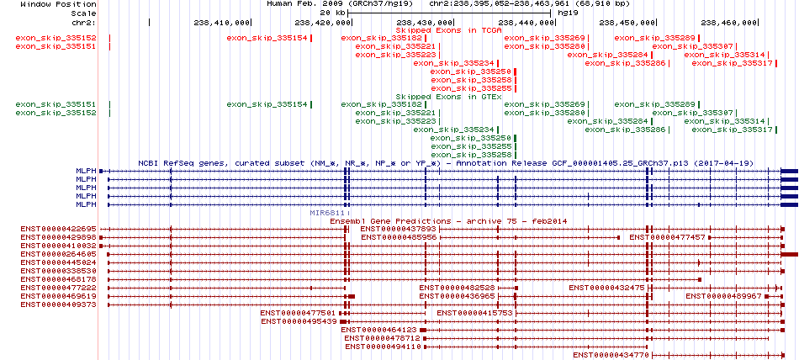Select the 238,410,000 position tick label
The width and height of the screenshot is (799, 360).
(222, 23)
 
